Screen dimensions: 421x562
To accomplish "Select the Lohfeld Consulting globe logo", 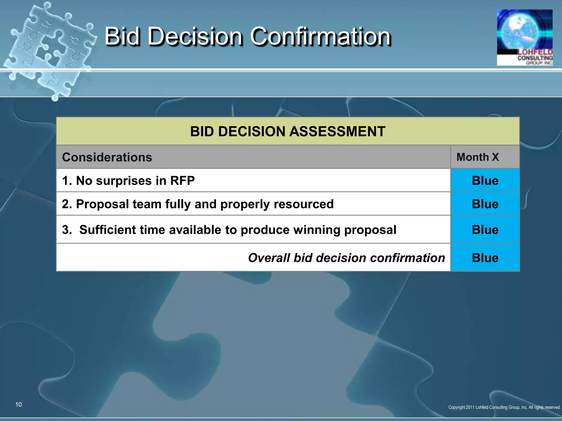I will point(524,37).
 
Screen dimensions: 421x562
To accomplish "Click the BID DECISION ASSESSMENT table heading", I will point(288,131).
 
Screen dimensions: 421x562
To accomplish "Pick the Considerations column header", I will point(107,157).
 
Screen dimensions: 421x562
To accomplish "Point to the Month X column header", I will point(477,157).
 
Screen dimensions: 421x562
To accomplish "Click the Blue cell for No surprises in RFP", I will point(485,181).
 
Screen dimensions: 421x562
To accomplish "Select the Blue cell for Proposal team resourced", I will point(485,204).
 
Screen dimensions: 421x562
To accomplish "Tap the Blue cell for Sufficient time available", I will point(485,230).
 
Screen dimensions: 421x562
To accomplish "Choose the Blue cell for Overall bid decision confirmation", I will point(485,258).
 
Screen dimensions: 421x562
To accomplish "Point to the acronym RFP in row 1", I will point(182,181).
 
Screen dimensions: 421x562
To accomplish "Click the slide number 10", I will point(18,405).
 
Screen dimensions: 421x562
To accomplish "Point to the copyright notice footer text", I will point(504,407).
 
